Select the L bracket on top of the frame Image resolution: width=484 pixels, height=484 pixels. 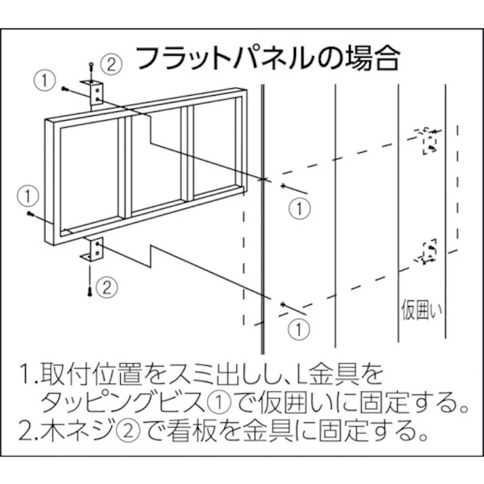pyautogui.click(x=95, y=93)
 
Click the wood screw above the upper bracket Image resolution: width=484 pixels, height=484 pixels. pyautogui.click(x=90, y=67)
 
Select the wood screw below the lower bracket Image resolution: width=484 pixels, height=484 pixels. pyautogui.click(x=90, y=289)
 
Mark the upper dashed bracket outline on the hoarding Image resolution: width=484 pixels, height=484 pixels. pyautogui.click(x=428, y=141)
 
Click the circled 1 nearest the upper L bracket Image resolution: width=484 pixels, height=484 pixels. pyautogui.click(x=44, y=79)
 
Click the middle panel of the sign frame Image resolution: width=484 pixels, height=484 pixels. pyautogui.click(x=156, y=163)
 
